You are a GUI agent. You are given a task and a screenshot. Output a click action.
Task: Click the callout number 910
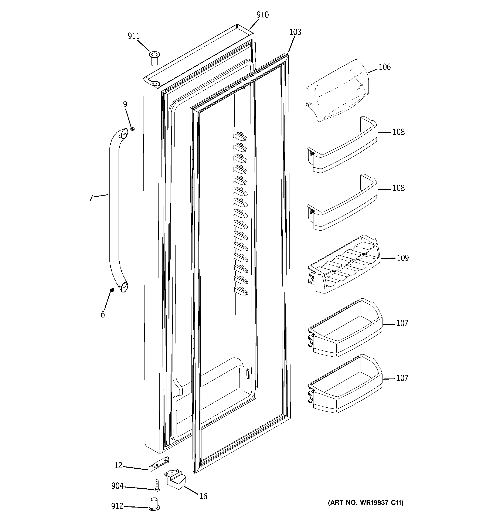pyautogui.click(x=262, y=15)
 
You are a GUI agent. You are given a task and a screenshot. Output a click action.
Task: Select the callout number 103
pyautogui.click(x=295, y=32)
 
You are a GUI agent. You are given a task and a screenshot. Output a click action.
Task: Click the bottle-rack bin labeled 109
pyautogui.click(x=344, y=265)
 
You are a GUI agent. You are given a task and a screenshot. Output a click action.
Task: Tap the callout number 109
pyautogui.click(x=402, y=258)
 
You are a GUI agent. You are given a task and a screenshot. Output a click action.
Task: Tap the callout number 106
pyautogui.click(x=384, y=67)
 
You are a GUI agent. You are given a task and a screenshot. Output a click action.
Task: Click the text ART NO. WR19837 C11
pyautogui.click(x=366, y=503)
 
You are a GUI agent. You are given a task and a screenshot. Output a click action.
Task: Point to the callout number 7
pyautogui.click(x=91, y=198)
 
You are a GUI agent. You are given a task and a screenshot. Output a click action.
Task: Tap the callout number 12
pyautogui.click(x=118, y=465)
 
